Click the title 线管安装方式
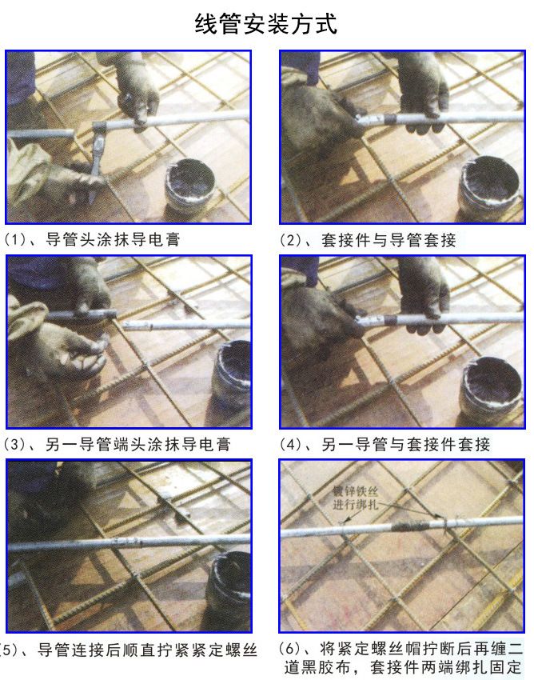(265, 23)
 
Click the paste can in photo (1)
(189, 185)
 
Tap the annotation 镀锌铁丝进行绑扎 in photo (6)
(356, 498)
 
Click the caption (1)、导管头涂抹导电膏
(91, 240)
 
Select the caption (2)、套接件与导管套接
(368, 240)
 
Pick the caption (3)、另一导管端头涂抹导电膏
(117, 445)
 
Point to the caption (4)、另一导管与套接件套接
(385, 445)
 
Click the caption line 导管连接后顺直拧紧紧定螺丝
(147, 650)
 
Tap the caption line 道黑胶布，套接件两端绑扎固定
(403, 667)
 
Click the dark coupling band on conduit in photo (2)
(390, 118)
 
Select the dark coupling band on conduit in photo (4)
(390, 320)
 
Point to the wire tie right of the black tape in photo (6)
(443, 522)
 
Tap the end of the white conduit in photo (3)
(125, 324)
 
